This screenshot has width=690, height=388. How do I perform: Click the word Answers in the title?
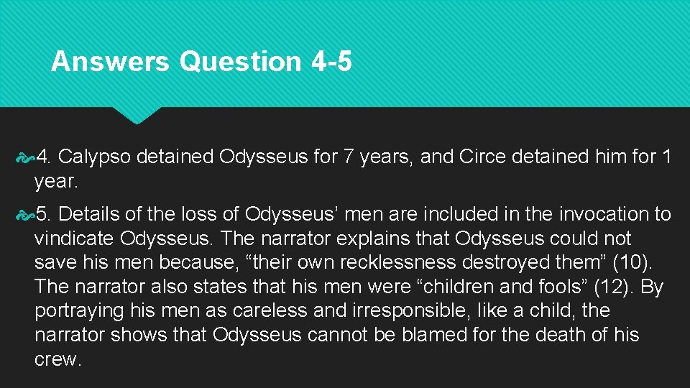[110, 62]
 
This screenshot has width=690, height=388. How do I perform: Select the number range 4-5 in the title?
[332, 62]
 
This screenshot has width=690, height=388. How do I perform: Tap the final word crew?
[56, 359]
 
